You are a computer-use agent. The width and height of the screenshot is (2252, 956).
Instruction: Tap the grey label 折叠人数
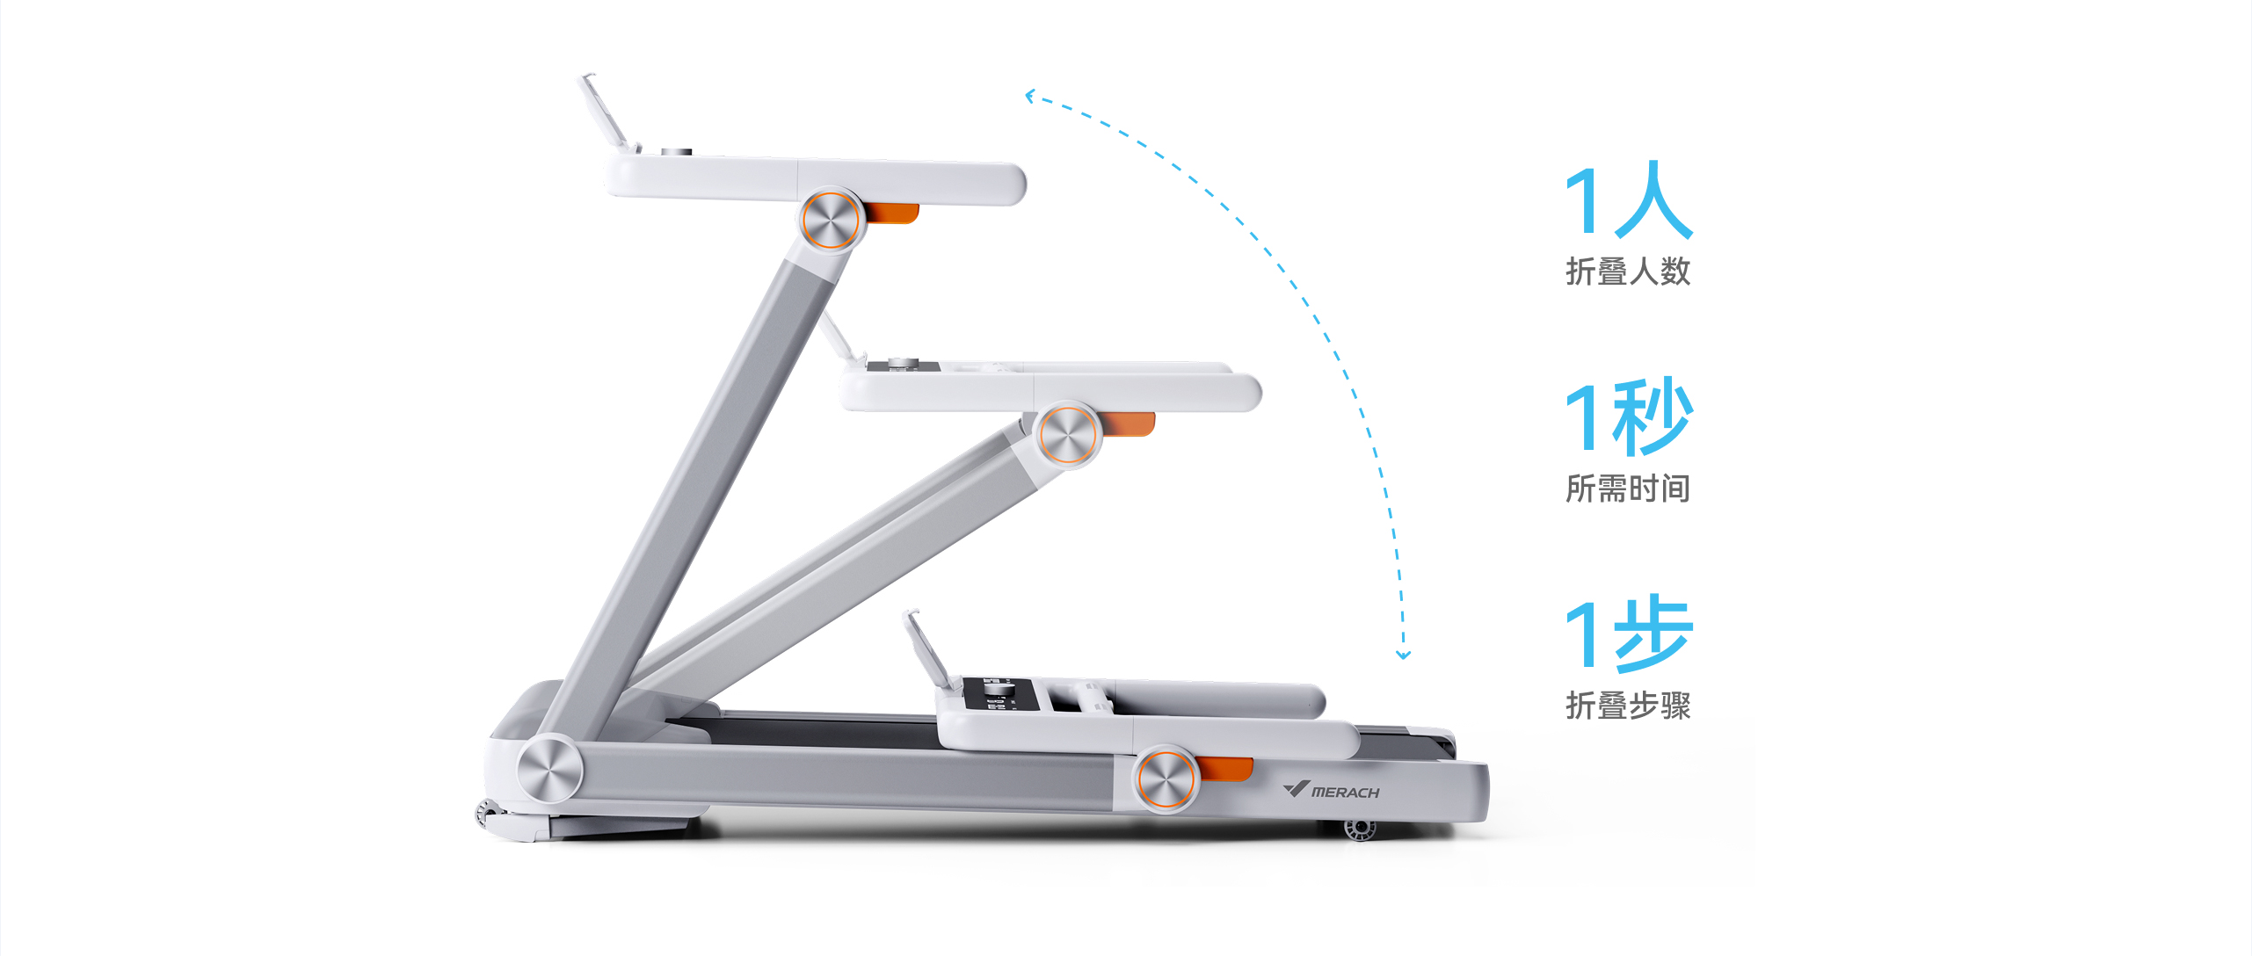[x=1628, y=271]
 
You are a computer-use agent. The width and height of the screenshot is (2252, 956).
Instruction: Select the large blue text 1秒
[x=1629, y=416]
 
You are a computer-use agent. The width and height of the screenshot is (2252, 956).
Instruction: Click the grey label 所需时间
[x=1628, y=489]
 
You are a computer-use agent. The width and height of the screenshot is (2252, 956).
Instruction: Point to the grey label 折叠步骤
[x=1628, y=706]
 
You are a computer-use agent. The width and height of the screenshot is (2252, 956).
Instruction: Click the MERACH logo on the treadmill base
[x=1331, y=790]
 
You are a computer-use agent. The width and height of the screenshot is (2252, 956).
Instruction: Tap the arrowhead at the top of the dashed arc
[x=1030, y=96]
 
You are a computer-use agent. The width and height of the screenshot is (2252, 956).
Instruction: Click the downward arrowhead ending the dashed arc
[x=1404, y=655]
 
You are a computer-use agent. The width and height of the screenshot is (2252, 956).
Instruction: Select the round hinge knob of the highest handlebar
[x=831, y=220]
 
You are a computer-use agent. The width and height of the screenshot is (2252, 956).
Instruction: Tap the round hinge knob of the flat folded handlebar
[x=1166, y=779]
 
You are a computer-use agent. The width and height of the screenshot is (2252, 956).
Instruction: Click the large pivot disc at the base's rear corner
[x=549, y=771]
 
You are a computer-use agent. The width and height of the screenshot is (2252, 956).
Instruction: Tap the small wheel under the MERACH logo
[x=1360, y=828]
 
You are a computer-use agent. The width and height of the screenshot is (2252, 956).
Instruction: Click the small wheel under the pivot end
[x=486, y=814]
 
